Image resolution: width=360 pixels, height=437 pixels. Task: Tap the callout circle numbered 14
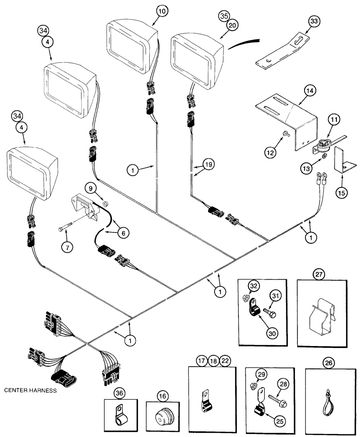click(x=310, y=91)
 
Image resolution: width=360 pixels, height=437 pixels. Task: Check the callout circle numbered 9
click(x=100, y=189)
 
